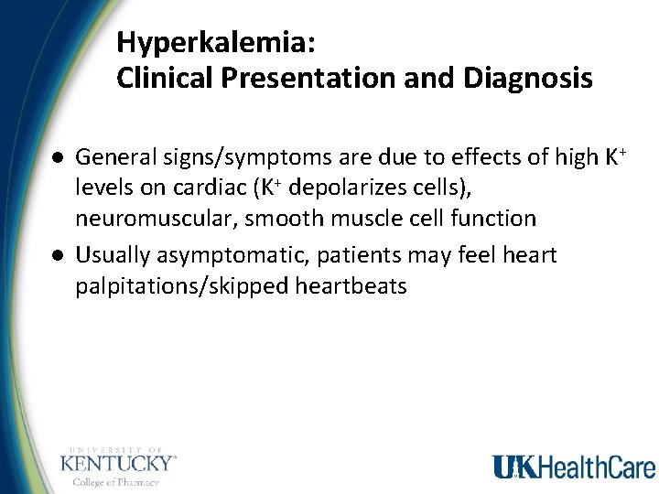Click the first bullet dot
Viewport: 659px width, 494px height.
[x=57, y=157]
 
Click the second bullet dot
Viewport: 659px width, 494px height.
[x=57, y=254]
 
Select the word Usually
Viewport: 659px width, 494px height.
[x=109, y=253]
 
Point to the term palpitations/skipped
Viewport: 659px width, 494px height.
[x=182, y=286]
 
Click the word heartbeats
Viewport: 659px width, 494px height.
[x=351, y=285]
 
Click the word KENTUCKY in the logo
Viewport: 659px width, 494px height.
[x=116, y=463]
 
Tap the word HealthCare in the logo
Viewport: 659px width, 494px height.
[x=596, y=467]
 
